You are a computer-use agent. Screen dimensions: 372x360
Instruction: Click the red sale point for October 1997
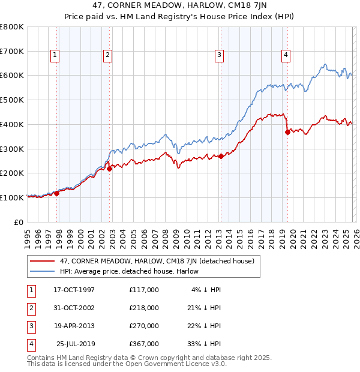click(x=57, y=193)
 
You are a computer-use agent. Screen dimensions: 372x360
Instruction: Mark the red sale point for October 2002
click(x=110, y=169)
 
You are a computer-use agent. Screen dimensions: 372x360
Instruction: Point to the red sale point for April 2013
click(x=221, y=156)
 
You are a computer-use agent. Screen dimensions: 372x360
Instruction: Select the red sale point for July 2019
click(x=287, y=132)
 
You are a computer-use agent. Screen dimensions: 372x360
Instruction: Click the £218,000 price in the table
click(x=144, y=308)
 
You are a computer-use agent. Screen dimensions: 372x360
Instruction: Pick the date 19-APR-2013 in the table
click(x=74, y=326)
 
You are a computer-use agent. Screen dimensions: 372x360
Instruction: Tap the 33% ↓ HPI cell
click(x=205, y=344)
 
